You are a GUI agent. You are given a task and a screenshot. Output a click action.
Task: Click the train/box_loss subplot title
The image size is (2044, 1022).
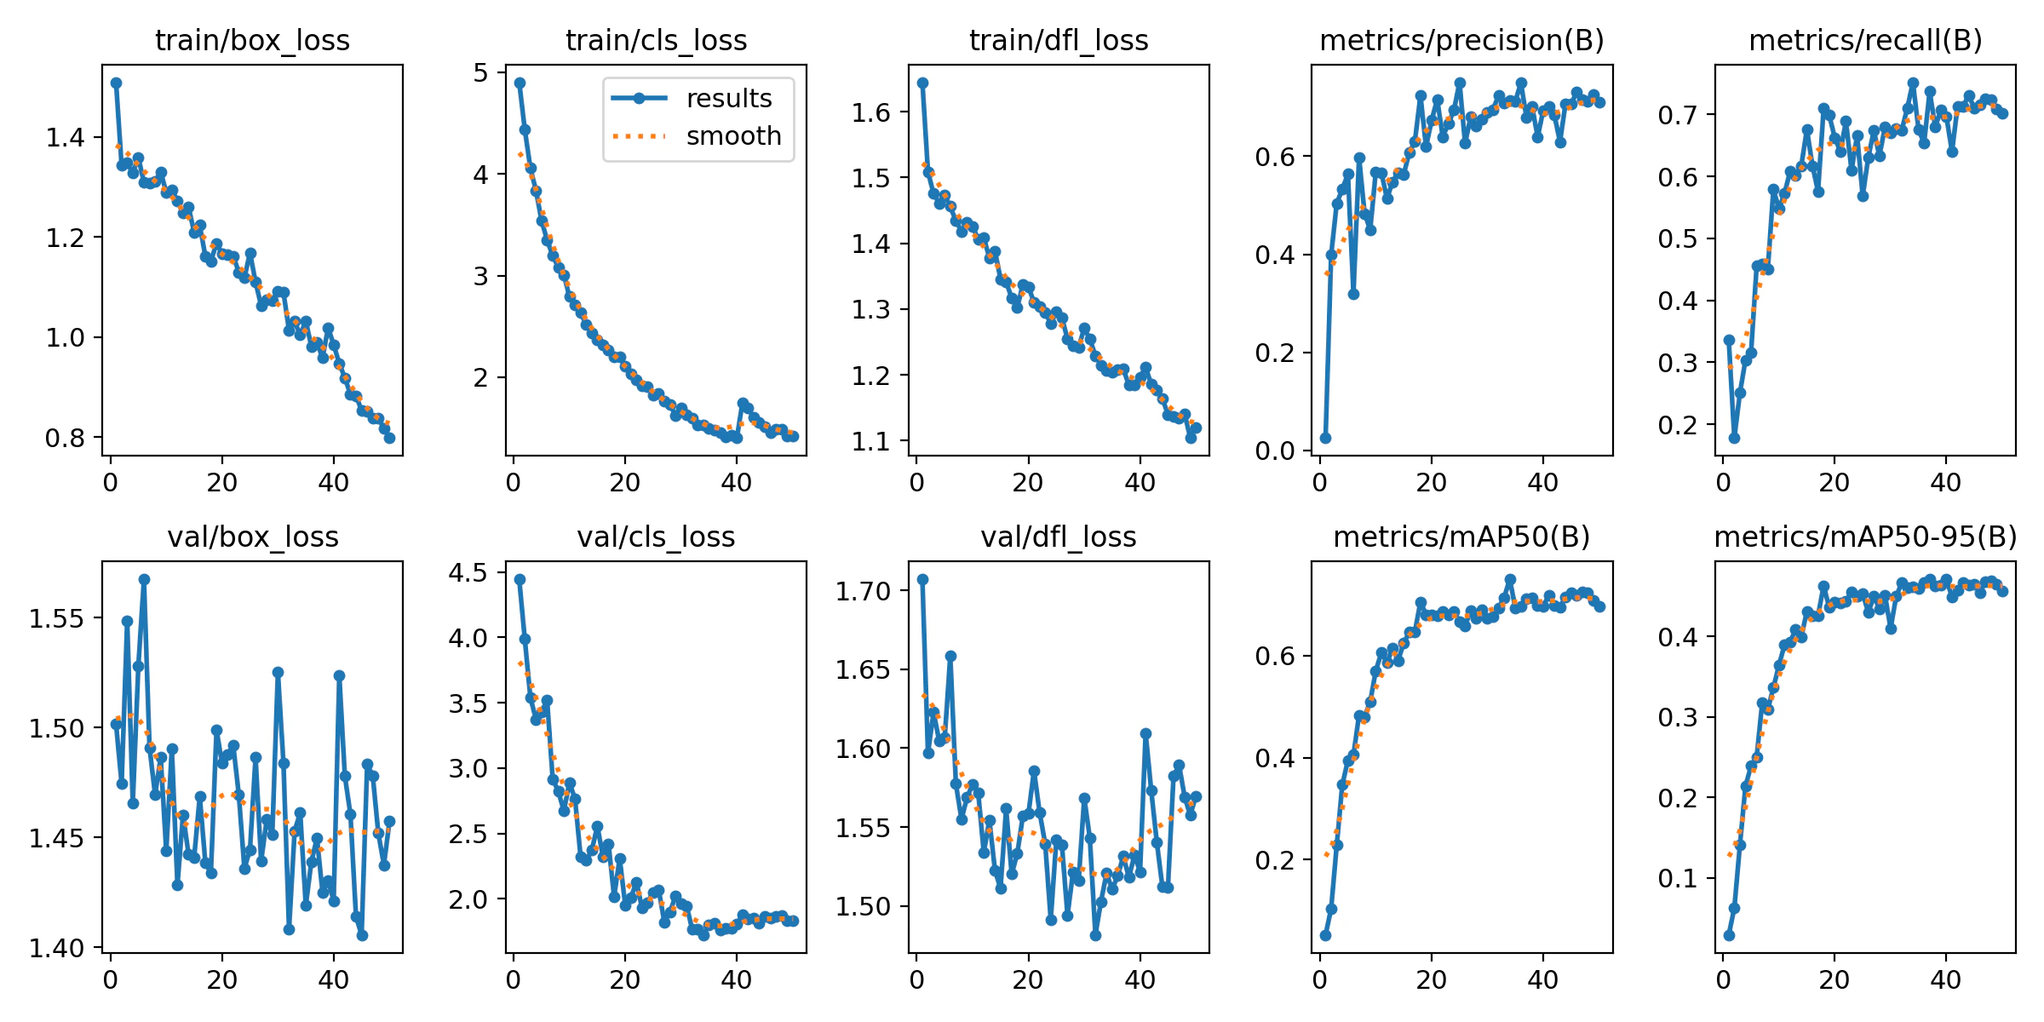[x=252, y=40]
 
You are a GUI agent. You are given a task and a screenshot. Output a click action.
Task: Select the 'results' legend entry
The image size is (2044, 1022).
[x=728, y=98]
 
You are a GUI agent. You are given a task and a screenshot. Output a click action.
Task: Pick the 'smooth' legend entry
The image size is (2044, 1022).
[x=733, y=135]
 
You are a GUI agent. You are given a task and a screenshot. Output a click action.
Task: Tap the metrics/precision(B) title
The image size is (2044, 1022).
[x=1461, y=40]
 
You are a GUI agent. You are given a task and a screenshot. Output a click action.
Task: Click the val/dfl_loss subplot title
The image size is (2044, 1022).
[x=1059, y=537]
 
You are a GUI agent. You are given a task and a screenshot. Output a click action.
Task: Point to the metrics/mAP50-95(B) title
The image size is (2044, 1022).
[x=1865, y=537]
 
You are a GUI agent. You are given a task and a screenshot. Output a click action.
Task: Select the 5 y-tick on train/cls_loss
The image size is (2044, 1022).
[x=482, y=73]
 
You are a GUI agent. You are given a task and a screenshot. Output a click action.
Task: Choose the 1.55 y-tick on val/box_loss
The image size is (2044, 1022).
[x=56, y=618]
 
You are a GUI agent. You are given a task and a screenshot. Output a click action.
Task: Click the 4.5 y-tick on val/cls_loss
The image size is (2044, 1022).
[x=468, y=572]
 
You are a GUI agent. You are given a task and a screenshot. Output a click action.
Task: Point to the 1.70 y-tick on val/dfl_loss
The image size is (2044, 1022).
[x=863, y=591]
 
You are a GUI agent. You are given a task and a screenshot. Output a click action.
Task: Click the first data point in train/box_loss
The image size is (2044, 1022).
[x=116, y=83]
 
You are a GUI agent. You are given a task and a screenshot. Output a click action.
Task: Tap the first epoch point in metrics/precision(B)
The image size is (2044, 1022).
[x=1325, y=438]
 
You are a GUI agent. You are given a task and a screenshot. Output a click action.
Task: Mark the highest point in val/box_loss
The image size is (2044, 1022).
[x=144, y=579]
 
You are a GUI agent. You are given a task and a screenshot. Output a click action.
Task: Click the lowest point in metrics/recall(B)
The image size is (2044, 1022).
[x=1734, y=438]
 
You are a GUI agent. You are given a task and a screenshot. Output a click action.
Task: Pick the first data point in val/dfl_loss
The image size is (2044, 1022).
[x=922, y=579]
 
